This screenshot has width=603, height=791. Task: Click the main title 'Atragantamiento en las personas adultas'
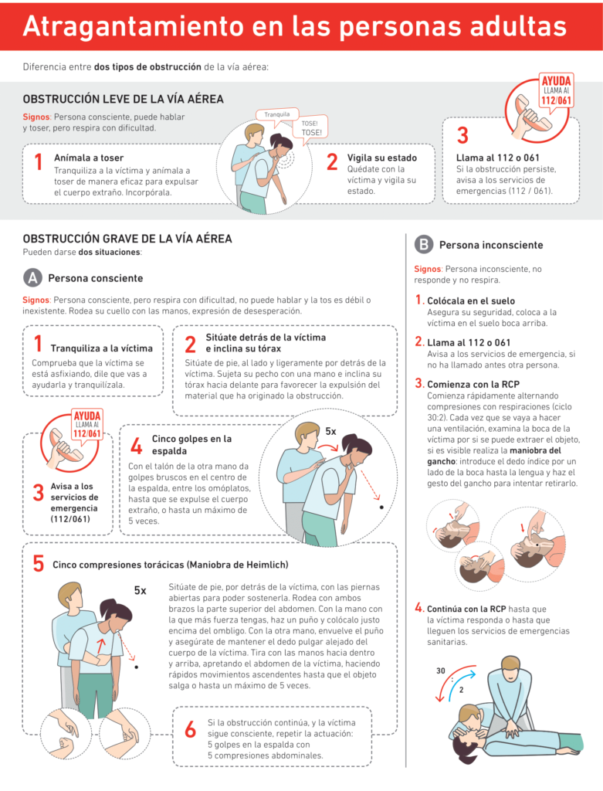[x=294, y=25]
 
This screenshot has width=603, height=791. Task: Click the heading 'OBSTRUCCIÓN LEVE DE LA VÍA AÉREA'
[x=124, y=100]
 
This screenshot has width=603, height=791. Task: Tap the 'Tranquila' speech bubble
[x=276, y=114]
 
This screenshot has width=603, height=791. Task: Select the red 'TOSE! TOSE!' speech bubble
[x=311, y=128]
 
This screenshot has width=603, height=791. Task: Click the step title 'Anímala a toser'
[x=89, y=158]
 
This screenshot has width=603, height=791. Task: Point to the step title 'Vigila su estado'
[x=381, y=157]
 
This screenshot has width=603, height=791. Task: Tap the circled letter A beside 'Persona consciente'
[x=32, y=278]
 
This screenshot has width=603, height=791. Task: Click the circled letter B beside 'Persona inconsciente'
[x=424, y=245]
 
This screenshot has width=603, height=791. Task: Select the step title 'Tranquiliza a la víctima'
[x=102, y=348]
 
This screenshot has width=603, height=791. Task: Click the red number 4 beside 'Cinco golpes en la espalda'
[x=137, y=446]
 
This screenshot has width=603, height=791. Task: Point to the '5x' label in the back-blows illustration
[x=330, y=431]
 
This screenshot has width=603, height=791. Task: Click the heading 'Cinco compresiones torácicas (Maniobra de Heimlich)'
[x=170, y=565]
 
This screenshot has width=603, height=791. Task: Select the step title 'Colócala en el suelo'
[x=470, y=300]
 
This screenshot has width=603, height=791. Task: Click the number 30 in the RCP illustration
[x=441, y=670]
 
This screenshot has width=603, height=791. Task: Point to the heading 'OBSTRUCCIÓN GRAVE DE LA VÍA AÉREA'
[x=127, y=239]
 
